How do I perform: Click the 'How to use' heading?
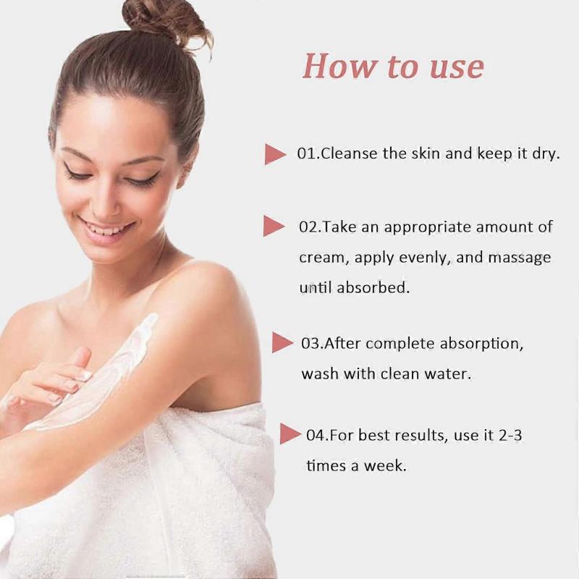coord(393,66)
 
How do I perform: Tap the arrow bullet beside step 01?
coord(274,154)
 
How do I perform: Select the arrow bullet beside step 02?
coord(273,227)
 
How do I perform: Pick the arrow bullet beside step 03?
coord(282,342)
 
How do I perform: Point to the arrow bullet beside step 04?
coord(290,434)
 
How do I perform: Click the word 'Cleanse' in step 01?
coord(350,153)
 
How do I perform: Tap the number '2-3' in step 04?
coord(510,435)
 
